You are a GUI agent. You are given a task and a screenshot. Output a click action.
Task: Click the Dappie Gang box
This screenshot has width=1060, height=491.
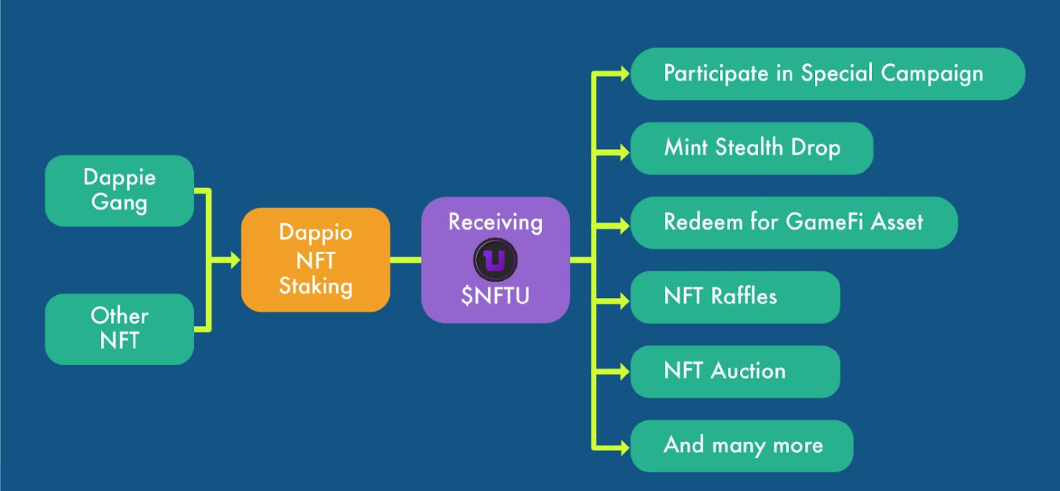pos(120,191)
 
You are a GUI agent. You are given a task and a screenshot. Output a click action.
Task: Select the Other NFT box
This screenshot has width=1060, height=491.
pos(120,329)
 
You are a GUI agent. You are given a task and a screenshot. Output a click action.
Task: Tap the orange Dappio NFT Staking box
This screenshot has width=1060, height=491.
pos(316,260)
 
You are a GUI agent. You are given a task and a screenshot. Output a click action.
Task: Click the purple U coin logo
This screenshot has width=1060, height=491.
pos(495,259)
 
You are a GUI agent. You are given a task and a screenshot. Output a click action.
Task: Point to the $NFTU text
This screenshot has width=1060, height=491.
pos(495,295)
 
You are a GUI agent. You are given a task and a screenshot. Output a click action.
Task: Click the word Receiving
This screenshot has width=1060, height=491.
pos(495,222)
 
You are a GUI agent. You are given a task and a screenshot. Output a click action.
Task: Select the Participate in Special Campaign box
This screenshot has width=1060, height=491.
pos(827,73)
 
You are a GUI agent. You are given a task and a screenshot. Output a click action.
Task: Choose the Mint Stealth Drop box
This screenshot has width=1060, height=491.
pos(752,148)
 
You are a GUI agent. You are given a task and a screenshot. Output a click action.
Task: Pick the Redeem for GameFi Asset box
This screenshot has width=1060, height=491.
pos(793,222)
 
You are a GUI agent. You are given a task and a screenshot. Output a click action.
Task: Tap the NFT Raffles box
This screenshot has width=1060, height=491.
pos(735,297)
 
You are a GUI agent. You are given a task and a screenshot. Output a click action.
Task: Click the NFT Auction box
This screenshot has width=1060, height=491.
pos(735,371)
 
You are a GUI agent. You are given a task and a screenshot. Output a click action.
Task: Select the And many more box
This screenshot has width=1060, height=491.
pos(741,446)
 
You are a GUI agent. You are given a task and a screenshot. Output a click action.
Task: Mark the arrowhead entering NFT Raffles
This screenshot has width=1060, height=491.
pos(623,300)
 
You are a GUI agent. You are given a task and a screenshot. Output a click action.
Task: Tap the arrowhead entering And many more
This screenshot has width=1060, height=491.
pos(623,446)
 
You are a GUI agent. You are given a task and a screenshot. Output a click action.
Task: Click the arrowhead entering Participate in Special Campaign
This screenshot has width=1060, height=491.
pos(623,73)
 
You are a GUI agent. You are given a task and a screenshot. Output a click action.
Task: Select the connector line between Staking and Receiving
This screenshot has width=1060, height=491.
pos(406,260)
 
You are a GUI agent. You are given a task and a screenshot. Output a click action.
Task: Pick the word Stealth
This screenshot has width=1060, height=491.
pos(749,148)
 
